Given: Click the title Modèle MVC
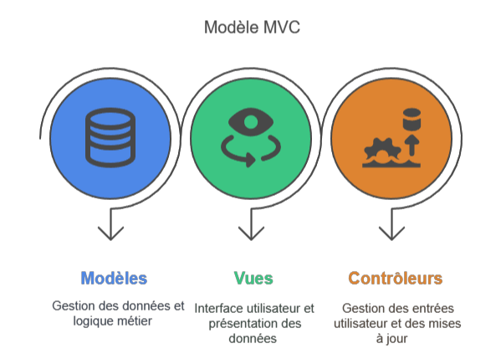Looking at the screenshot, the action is pyautogui.click(x=252, y=27).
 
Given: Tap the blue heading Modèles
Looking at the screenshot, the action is pyautogui.click(x=114, y=278).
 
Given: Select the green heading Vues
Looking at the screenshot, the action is pyautogui.click(x=253, y=278).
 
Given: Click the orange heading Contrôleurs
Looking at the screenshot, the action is pyautogui.click(x=396, y=278).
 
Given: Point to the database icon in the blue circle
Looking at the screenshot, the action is pyautogui.click(x=110, y=138).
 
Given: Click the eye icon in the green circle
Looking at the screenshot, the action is pyautogui.click(x=251, y=122).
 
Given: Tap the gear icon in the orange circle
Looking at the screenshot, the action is pyautogui.click(x=382, y=150).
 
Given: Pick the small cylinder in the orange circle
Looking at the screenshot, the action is pyautogui.click(x=412, y=119).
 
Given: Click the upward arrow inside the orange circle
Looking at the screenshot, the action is pyautogui.click(x=412, y=146).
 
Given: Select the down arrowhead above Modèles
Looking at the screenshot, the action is pyautogui.click(x=110, y=233).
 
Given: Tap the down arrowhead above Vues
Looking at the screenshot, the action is pyautogui.click(x=251, y=233).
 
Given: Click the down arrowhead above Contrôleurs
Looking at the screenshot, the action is pyautogui.click(x=391, y=233).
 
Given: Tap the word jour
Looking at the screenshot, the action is pyautogui.click(x=396, y=339).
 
